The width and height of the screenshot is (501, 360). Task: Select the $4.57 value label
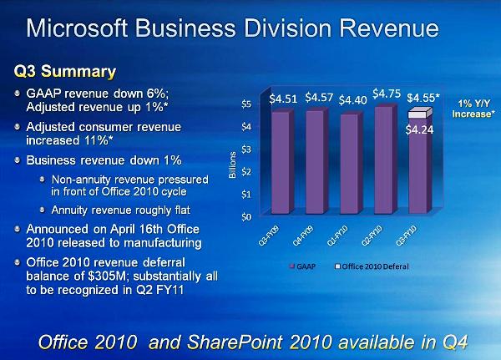tap(320, 98)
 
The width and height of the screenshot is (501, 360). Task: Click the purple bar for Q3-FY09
tap(282, 163)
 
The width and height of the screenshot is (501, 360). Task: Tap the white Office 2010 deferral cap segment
tap(418, 114)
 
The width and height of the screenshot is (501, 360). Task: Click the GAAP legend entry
tap(302, 266)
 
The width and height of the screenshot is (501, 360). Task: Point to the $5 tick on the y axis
tap(245, 104)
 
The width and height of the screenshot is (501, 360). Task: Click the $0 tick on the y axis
tap(245, 217)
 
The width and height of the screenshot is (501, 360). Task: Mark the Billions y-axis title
tap(233, 164)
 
